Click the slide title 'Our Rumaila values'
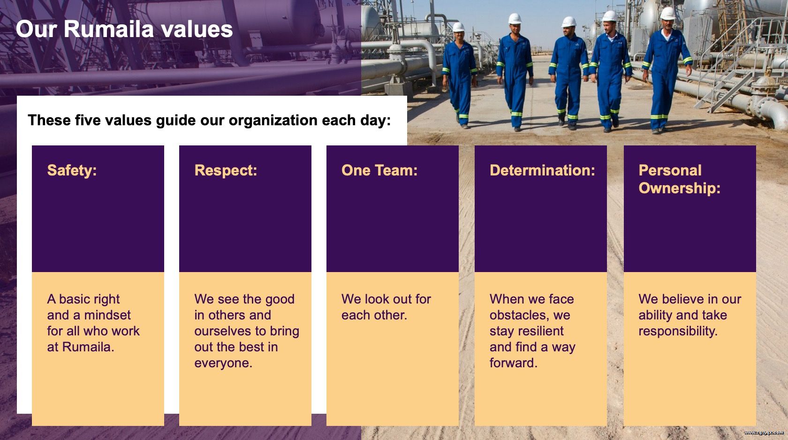click(x=124, y=29)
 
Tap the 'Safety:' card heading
click(x=72, y=171)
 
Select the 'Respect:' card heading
click(x=226, y=171)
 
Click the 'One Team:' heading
click(x=379, y=171)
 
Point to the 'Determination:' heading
click(x=542, y=171)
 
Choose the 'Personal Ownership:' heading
click(x=679, y=179)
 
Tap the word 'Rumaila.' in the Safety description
click(x=88, y=347)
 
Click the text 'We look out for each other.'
click(x=386, y=307)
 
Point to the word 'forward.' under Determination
click(x=513, y=363)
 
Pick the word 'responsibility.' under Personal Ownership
click(x=677, y=331)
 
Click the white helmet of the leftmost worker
click(x=458, y=27)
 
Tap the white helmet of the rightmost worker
click(x=667, y=13)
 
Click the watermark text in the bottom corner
click(x=764, y=433)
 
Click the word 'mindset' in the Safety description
click(x=107, y=315)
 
